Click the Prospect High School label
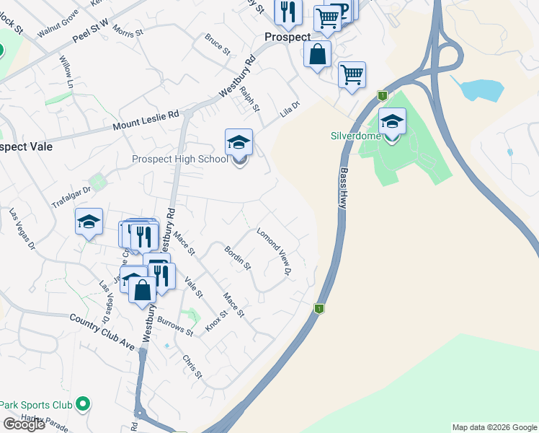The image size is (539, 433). pyautogui.click(x=179, y=159)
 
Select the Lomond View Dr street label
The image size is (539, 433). pyautogui.click(x=274, y=251)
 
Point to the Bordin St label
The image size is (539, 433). pyautogui.click(x=237, y=258)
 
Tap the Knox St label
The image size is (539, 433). pyautogui.click(x=216, y=318)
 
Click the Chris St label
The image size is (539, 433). pyautogui.click(x=192, y=367)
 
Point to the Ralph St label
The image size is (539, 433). pyautogui.click(x=249, y=99)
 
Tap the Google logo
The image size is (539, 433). pyautogui.click(x=24, y=424)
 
